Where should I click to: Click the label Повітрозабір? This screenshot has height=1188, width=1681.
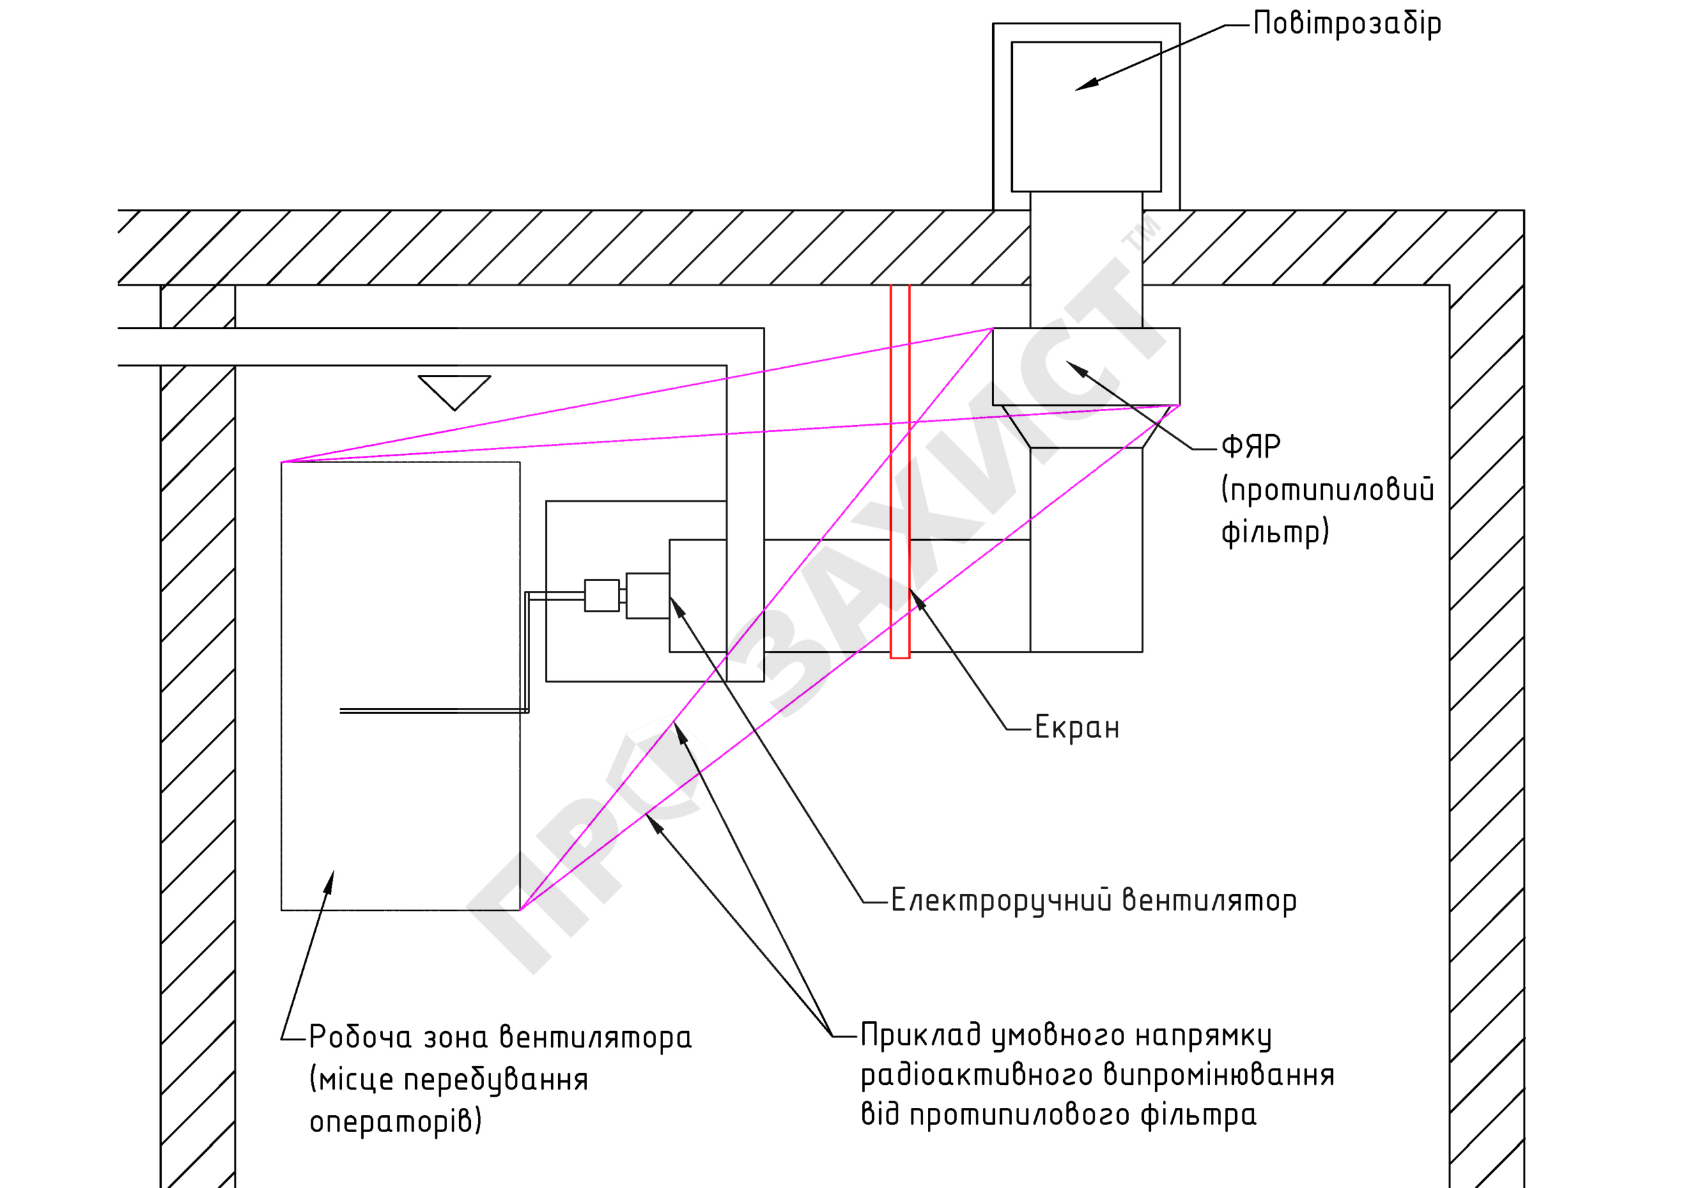(x=1347, y=24)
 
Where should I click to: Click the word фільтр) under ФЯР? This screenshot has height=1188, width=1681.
(x=1275, y=532)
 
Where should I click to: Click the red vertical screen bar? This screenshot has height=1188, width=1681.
(x=900, y=472)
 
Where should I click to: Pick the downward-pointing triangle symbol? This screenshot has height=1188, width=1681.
(x=454, y=393)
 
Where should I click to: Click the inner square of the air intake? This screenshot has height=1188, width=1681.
(x=1086, y=116)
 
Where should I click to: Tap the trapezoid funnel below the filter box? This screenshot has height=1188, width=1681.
(x=1086, y=426)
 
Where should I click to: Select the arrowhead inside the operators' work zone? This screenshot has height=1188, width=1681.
(x=330, y=883)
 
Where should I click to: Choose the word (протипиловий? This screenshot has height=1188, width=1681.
(x=1327, y=489)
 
